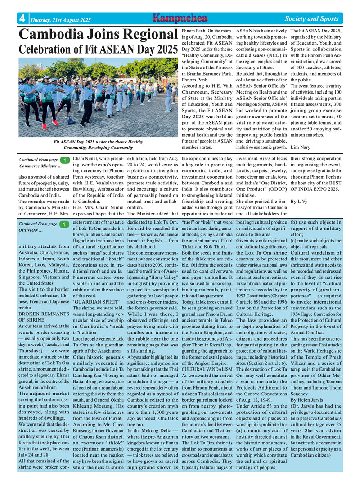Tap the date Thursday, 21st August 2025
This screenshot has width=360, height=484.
click(x=60, y=20)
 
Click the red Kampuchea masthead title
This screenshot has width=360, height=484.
click(x=180, y=18)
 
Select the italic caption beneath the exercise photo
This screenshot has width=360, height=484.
click(x=98, y=144)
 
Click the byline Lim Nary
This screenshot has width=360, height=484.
click(x=301, y=147)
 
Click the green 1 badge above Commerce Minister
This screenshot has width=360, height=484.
click(x=65, y=160)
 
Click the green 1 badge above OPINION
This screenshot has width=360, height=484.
click(x=65, y=224)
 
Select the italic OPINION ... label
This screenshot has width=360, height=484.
click(x=31, y=230)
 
